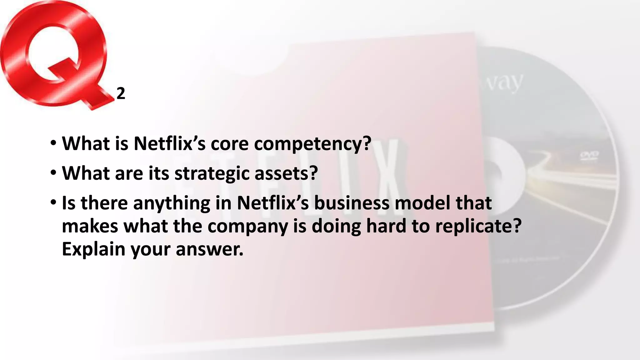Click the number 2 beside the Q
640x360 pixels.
[x=121, y=93]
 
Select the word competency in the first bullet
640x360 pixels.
[x=312, y=144]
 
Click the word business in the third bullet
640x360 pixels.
[x=352, y=203]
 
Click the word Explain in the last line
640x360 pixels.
[x=93, y=249]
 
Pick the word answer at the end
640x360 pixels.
[x=209, y=249]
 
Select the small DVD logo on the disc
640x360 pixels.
[x=589, y=155]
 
